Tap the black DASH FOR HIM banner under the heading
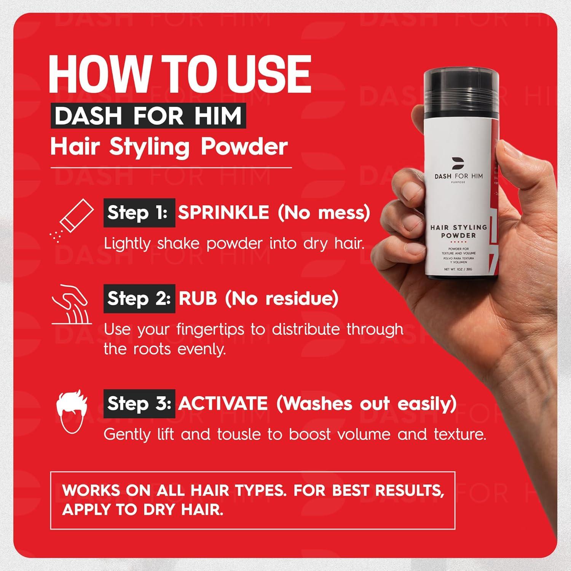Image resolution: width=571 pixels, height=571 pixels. (x=148, y=116)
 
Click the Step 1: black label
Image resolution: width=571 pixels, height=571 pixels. (x=139, y=213)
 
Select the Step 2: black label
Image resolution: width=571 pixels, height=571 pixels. (x=139, y=298)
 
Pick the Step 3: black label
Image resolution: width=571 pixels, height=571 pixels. (x=139, y=404)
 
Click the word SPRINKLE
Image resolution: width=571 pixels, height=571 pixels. (x=224, y=212)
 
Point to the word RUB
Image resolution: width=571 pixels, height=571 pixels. (x=198, y=298)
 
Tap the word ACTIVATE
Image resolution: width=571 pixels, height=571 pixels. (x=223, y=404)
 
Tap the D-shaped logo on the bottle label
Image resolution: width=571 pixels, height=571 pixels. (x=457, y=163)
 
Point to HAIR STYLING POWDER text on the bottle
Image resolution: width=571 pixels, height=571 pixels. (x=458, y=231)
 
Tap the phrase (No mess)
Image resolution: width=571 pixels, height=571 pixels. (x=324, y=212)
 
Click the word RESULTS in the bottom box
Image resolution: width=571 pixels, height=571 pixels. (x=410, y=490)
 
